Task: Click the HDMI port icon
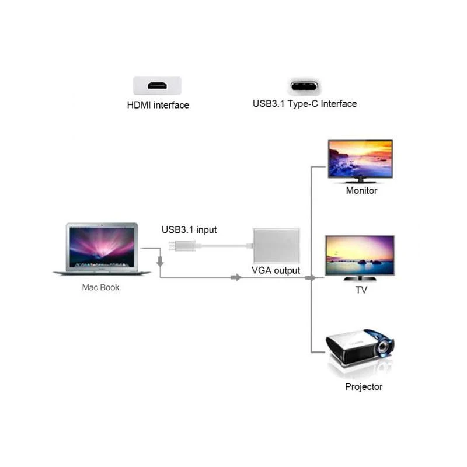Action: pos(157,86)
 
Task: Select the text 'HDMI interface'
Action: pos(158,106)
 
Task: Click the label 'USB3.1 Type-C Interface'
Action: pos(304,104)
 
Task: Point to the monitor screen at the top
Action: pos(360,158)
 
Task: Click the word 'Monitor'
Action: pos(361,191)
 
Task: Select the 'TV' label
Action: pos(361,290)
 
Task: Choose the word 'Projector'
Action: pos(364,387)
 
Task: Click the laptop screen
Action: pos(102,246)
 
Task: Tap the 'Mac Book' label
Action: pos(100,288)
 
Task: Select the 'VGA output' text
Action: pos(276,270)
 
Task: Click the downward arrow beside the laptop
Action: pos(160,264)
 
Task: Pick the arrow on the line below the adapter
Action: pos(236,277)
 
